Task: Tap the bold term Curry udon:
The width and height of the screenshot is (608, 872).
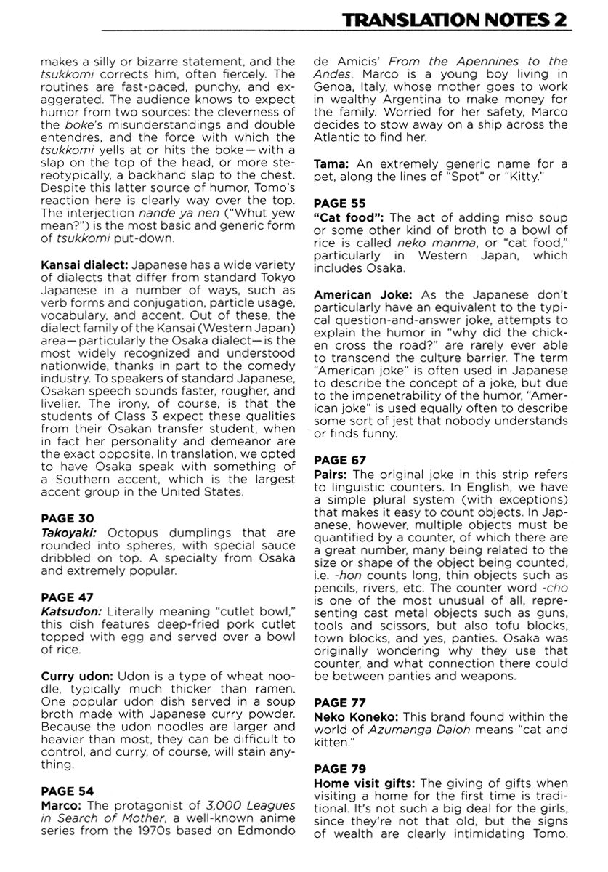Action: [x=76, y=675]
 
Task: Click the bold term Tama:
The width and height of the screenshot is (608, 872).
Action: [x=330, y=164]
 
